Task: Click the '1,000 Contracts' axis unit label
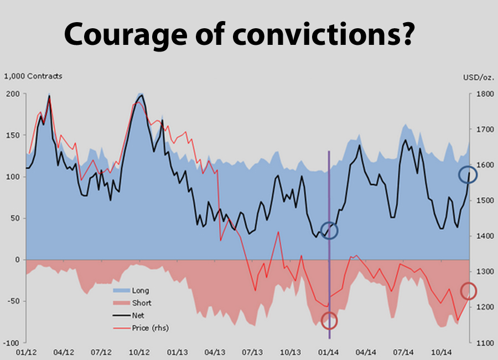click(33, 76)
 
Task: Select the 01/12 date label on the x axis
click(26, 352)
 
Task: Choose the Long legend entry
click(140, 290)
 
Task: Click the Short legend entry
click(141, 303)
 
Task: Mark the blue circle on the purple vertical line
click(329, 230)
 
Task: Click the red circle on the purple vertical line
click(329, 321)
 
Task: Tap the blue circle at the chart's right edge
click(468, 175)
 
